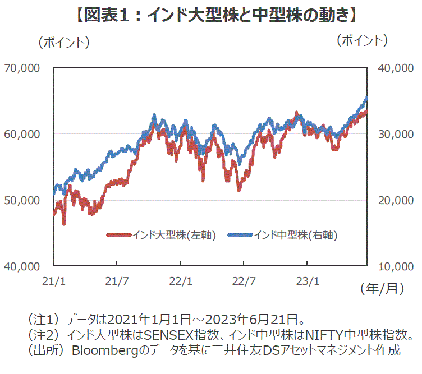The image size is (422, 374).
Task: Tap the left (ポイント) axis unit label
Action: (x=63, y=41)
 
